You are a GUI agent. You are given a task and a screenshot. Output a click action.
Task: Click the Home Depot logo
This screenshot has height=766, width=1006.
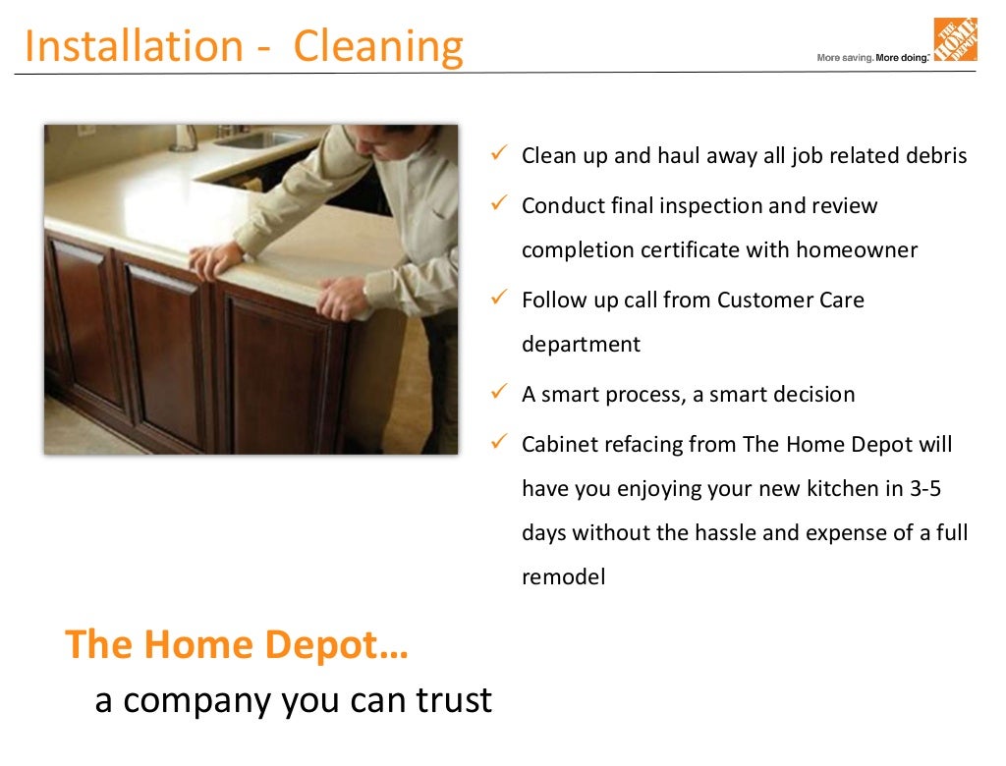click(x=955, y=39)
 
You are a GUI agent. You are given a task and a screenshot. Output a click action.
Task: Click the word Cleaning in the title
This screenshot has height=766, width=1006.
click(x=378, y=46)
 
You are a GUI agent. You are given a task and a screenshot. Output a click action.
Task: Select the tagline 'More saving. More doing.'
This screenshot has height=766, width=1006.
click(x=871, y=58)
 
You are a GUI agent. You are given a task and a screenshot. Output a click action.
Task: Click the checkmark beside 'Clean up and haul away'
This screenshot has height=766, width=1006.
click(x=498, y=154)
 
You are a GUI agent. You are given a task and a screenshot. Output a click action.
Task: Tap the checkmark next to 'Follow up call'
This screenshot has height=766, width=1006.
click(x=498, y=299)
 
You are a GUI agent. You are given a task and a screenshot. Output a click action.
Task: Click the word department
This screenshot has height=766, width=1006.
click(x=581, y=345)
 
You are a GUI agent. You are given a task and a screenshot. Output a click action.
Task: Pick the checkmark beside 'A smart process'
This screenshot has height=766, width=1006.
click(x=498, y=393)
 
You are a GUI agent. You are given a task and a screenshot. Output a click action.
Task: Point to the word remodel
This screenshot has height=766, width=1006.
click(x=563, y=577)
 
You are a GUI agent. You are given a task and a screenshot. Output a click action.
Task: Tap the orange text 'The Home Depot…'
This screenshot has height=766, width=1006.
click(x=237, y=645)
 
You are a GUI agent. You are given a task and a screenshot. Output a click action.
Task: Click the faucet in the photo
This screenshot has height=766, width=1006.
click(x=183, y=137)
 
